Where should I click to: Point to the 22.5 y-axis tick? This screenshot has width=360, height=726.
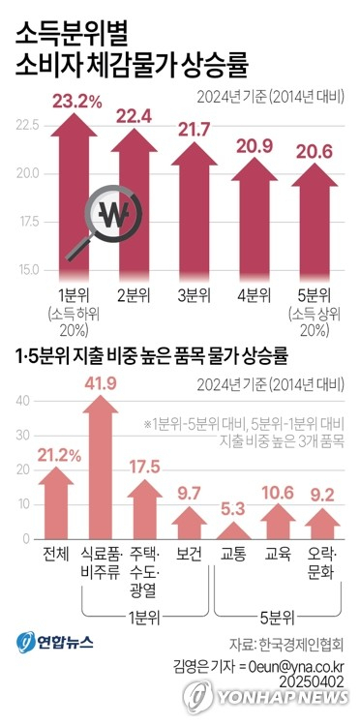(x=26, y=125)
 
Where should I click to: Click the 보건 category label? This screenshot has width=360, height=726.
(x=190, y=554)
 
